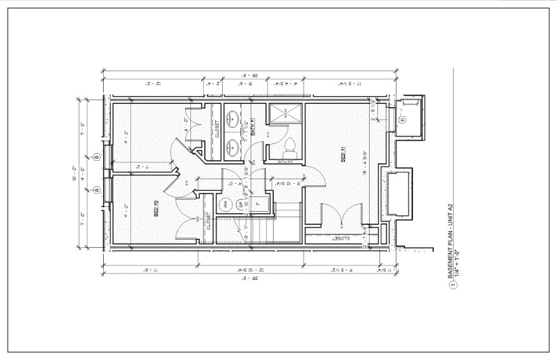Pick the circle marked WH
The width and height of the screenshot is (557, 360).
click(226, 204)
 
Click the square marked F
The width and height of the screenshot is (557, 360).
click(257, 204)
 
